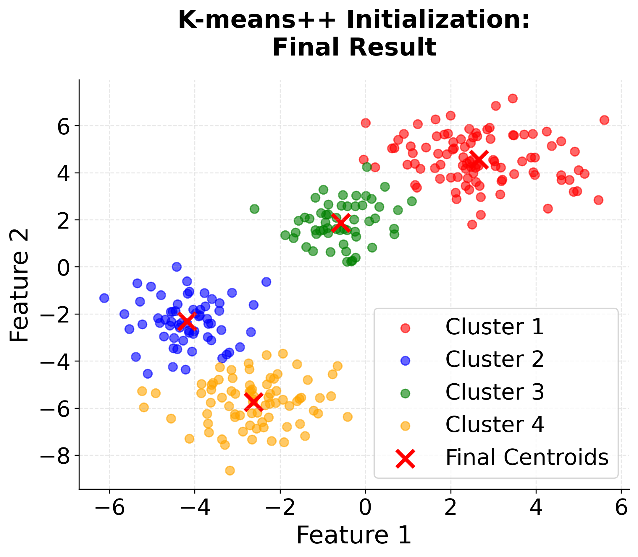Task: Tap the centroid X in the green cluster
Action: coord(341,223)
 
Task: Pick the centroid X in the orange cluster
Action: coord(253,402)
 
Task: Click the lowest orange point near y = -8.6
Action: coord(230,470)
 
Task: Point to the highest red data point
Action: coord(513,99)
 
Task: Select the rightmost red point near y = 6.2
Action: coord(604,120)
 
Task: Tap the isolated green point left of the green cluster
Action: coord(254,209)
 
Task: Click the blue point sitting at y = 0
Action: coord(177,267)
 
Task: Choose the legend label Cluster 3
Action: coord(495,392)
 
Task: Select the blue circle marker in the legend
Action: coord(405,361)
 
